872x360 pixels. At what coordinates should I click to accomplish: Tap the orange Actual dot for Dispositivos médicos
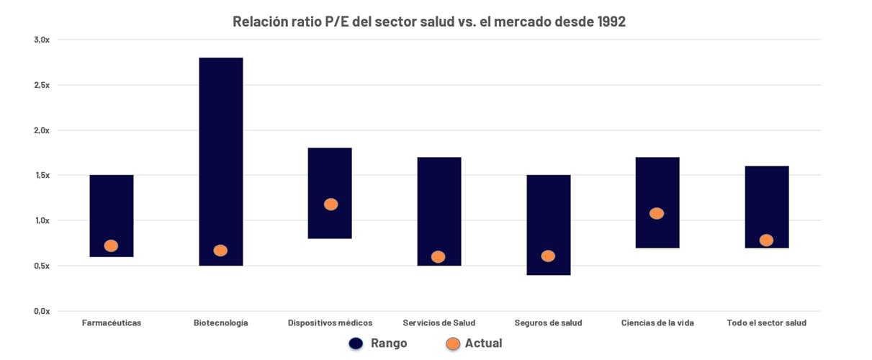click(331, 204)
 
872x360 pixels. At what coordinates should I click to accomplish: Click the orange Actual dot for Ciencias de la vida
click(657, 213)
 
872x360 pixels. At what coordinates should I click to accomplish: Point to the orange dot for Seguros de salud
click(548, 256)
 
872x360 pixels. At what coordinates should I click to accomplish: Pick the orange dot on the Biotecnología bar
click(220, 251)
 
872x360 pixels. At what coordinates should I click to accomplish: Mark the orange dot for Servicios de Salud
click(438, 257)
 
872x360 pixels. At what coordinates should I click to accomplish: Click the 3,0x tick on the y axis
click(42, 40)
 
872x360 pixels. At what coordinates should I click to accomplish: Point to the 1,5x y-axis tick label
click(42, 176)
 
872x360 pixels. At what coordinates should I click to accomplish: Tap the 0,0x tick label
click(42, 311)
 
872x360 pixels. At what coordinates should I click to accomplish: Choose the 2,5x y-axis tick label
click(42, 85)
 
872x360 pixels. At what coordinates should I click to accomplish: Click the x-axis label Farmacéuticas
click(112, 323)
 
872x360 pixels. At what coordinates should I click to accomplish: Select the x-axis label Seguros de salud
click(548, 323)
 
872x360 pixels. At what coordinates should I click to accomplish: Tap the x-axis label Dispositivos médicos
click(330, 323)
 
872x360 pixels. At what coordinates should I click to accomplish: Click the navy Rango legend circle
click(356, 343)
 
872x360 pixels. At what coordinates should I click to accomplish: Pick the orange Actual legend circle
click(453, 343)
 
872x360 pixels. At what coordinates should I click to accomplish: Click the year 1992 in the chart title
click(611, 22)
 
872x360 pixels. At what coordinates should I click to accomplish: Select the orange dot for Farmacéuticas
click(111, 246)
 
